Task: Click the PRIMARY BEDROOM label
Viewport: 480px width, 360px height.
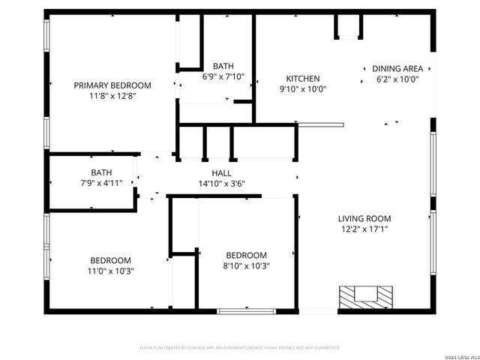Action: click(x=112, y=85)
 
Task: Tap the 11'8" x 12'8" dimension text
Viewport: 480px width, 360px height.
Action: click(x=112, y=95)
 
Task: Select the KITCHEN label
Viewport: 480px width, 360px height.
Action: click(x=303, y=79)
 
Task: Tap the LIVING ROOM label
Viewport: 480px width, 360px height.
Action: click(x=364, y=219)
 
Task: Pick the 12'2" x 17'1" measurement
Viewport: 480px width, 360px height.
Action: click(x=364, y=229)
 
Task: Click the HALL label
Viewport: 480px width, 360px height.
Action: click(x=221, y=173)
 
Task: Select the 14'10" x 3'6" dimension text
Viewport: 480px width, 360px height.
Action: click(x=221, y=184)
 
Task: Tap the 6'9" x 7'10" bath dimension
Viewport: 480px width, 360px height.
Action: click(x=223, y=76)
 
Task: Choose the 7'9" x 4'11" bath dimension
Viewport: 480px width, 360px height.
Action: click(x=102, y=182)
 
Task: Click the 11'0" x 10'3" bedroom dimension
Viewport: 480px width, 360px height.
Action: click(x=111, y=271)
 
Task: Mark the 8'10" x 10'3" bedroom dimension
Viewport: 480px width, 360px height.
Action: click(x=246, y=265)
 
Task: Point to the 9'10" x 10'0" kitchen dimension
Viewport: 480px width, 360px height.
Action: click(x=303, y=89)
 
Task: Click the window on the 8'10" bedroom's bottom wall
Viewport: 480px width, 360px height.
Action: click(x=246, y=310)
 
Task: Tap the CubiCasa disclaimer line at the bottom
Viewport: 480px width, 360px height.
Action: click(x=240, y=348)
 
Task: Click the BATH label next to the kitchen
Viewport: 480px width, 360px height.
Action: click(x=223, y=65)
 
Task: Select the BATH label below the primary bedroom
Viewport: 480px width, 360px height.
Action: click(x=102, y=172)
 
